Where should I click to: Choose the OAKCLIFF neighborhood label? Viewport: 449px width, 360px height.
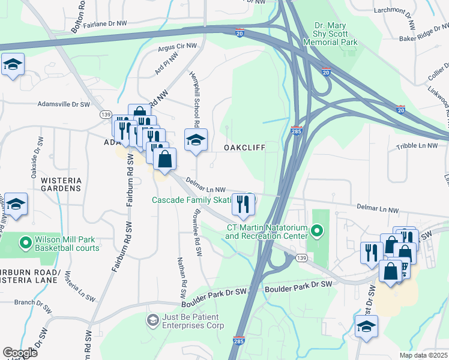click(x=244, y=147)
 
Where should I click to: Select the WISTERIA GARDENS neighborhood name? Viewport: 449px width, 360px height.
click(x=60, y=184)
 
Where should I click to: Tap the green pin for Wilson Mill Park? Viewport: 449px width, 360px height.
click(x=25, y=243)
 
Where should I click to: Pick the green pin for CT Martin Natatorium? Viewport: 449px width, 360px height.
click(x=318, y=230)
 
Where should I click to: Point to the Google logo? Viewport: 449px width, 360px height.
click(x=20, y=353)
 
